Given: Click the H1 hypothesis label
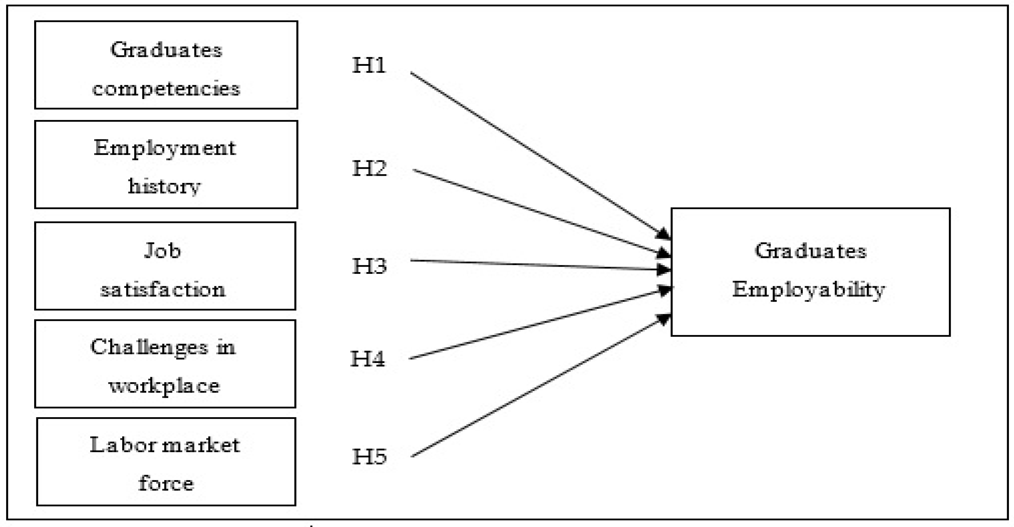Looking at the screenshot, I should click(369, 65).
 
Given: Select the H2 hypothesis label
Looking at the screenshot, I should click(369, 168).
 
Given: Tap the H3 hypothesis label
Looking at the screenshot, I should click(369, 266).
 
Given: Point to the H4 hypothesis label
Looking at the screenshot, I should click(368, 359).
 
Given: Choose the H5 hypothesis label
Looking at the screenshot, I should click(369, 456).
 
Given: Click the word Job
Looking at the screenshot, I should click(163, 251).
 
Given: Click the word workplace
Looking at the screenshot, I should click(164, 386).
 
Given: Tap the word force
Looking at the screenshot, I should click(166, 483).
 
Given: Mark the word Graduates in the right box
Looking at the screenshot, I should click(810, 251).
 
